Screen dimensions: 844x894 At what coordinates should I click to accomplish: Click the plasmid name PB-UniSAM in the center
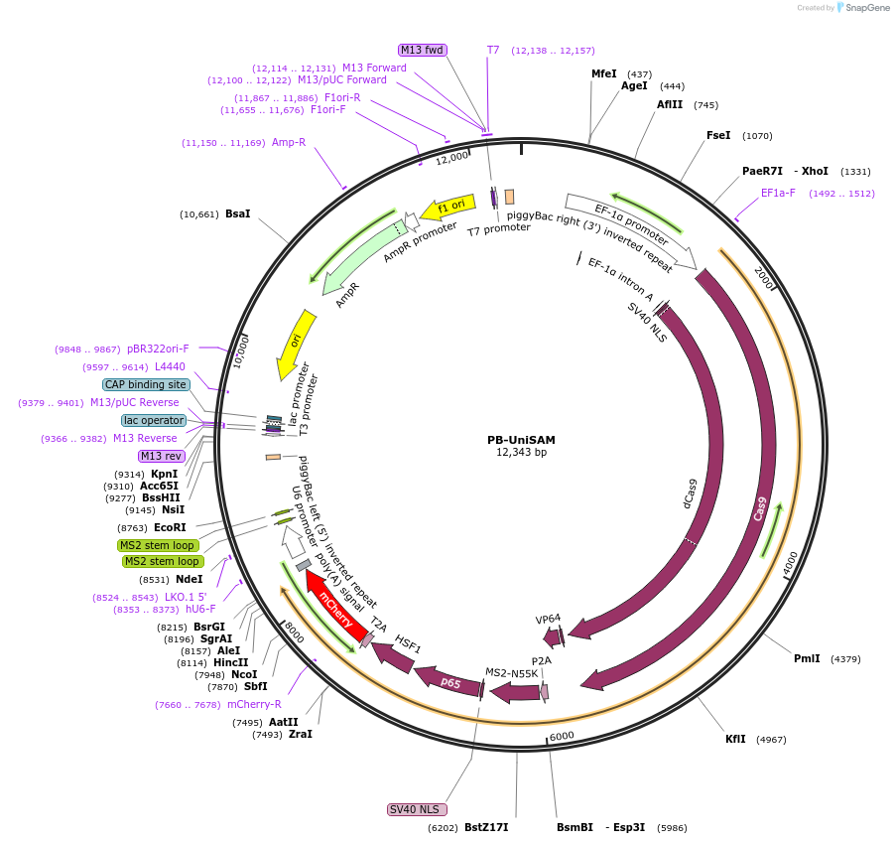[521, 439]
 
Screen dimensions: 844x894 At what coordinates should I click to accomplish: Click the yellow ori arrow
[295, 343]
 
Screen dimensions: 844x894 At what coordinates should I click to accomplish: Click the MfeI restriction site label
[603, 74]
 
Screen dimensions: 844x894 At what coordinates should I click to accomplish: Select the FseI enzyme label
[718, 136]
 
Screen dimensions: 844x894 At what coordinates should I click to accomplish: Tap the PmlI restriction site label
[807, 658]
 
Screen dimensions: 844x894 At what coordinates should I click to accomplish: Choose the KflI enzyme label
[735, 740]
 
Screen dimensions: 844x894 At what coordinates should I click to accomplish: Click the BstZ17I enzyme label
[486, 827]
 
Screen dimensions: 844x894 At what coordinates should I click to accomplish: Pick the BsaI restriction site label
[238, 213]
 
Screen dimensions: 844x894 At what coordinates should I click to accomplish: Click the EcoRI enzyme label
[170, 527]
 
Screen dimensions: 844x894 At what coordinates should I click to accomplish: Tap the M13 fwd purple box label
[423, 50]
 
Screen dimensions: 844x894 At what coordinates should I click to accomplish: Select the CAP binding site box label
[146, 384]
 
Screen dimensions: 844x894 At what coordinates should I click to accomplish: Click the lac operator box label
[154, 420]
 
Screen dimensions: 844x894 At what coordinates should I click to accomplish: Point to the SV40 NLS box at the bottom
[415, 809]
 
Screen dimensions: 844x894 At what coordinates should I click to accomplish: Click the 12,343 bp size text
[521, 453]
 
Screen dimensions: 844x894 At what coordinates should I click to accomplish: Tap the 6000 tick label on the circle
[562, 736]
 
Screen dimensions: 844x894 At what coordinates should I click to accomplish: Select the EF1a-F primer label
[778, 194]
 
